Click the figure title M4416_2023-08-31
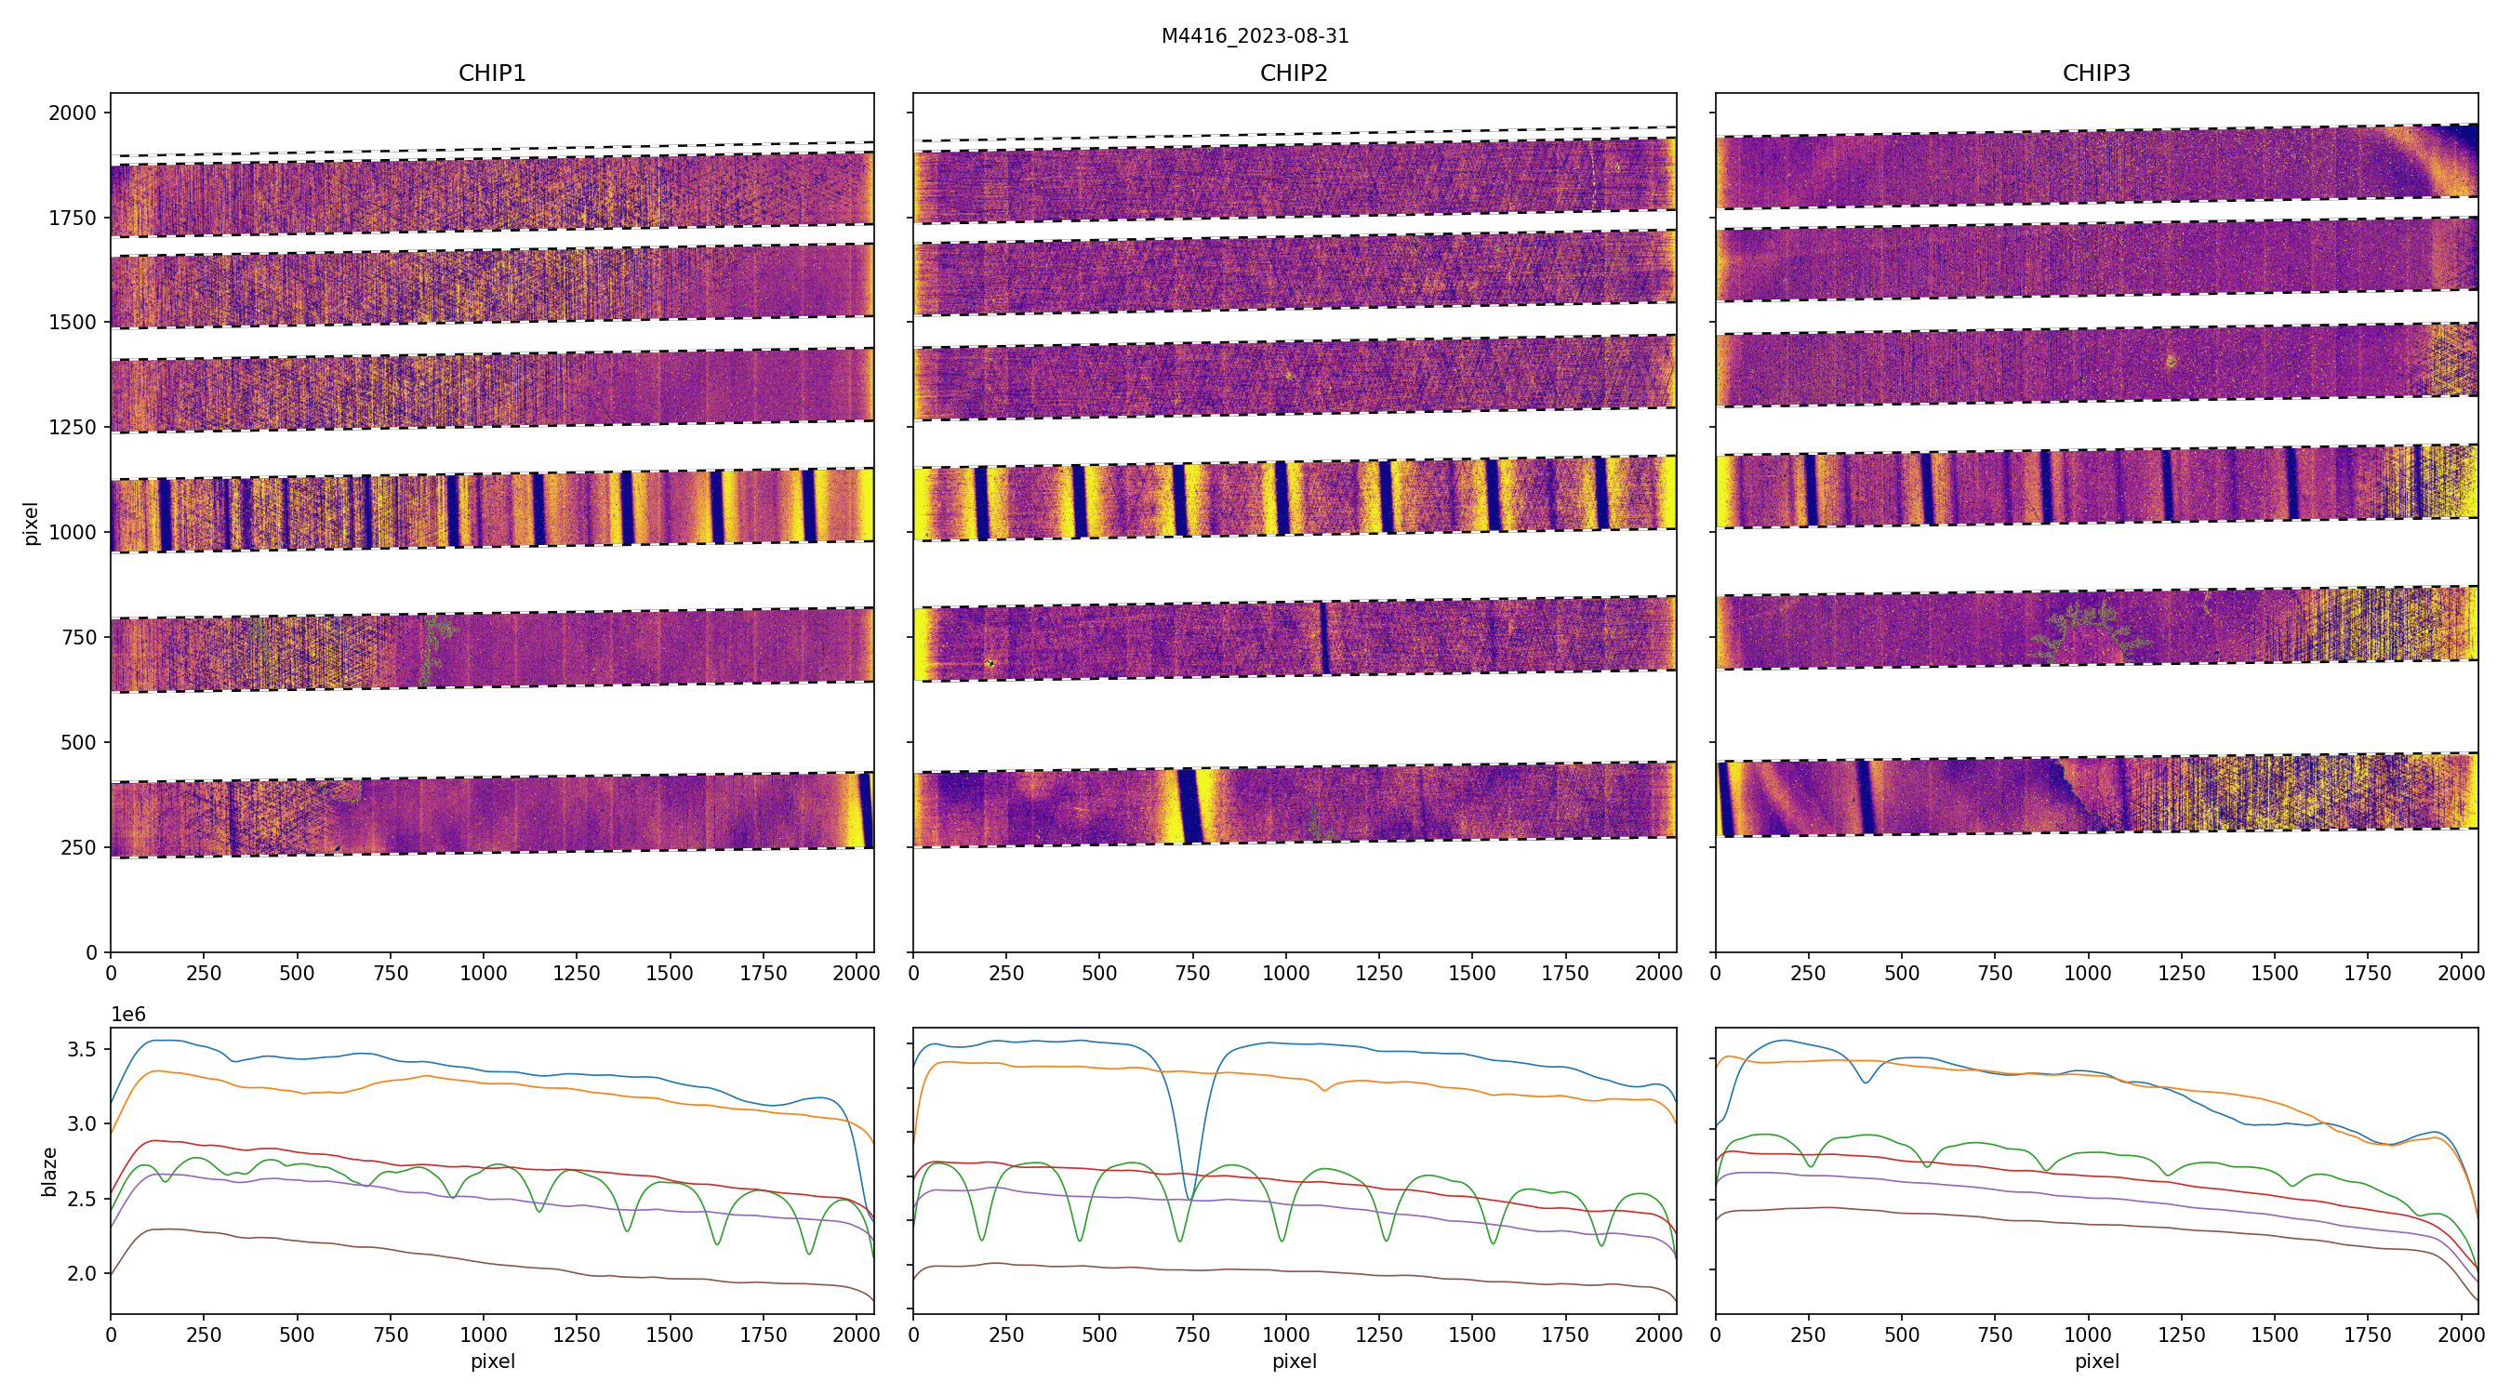pyautogui.click(x=1255, y=36)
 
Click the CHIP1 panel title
pyautogui.click(x=492, y=73)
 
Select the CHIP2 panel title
pyautogui.click(x=1294, y=73)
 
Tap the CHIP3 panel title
pyautogui.click(x=2095, y=73)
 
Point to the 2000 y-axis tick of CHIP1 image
pyautogui.click(x=73, y=113)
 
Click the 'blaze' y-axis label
pyautogui.click(x=48, y=1171)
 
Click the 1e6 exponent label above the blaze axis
pyautogui.click(x=128, y=1015)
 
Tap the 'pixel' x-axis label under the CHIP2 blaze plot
pyautogui.click(x=1294, y=1361)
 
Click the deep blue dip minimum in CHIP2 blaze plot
pyautogui.click(x=1188, y=1198)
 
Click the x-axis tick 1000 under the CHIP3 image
pyautogui.click(x=2087, y=973)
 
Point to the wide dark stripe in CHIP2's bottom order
pyautogui.click(x=1189, y=805)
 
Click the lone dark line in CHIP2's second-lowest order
pyautogui.click(x=1322, y=638)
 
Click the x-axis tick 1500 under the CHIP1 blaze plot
pyautogui.click(x=670, y=1335)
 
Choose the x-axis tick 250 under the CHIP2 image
pyautogui.click(x=1006, y=973)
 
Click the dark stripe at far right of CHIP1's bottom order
pyautogui.click(x=865, y=811)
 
